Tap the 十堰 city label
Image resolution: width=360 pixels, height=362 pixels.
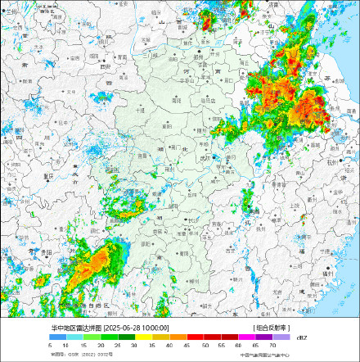141,108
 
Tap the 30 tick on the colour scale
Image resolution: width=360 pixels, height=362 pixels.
133,346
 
